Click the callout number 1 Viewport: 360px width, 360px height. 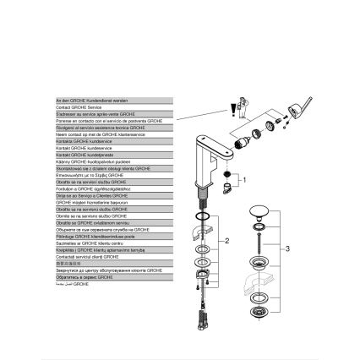[245, 179]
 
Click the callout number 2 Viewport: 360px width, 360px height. [226, 241]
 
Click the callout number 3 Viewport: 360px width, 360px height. [287, 248]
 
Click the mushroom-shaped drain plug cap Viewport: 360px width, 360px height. [259, 211]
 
